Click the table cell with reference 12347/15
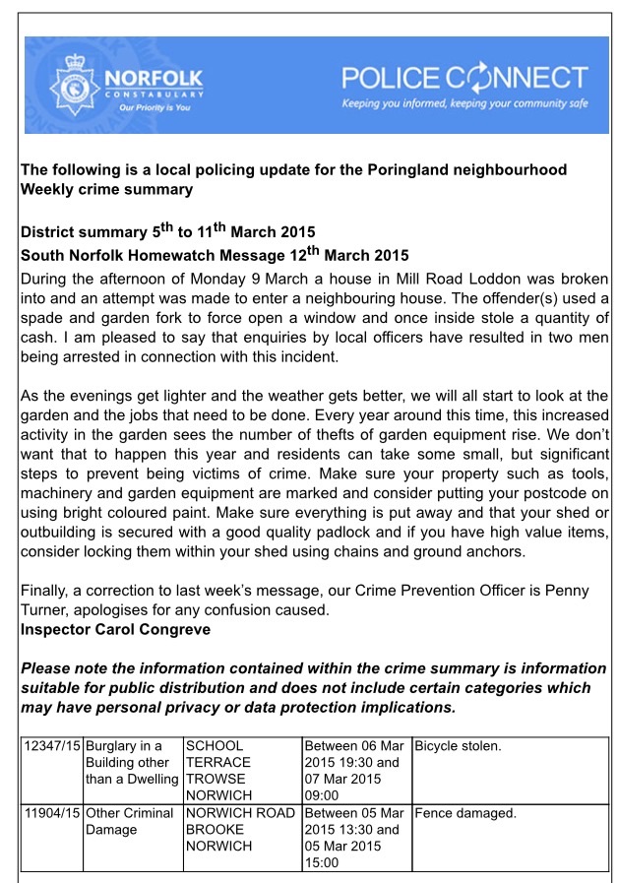tap(52, 746)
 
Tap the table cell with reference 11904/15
tap(52, 814)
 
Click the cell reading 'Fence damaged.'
tap(463, 814)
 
